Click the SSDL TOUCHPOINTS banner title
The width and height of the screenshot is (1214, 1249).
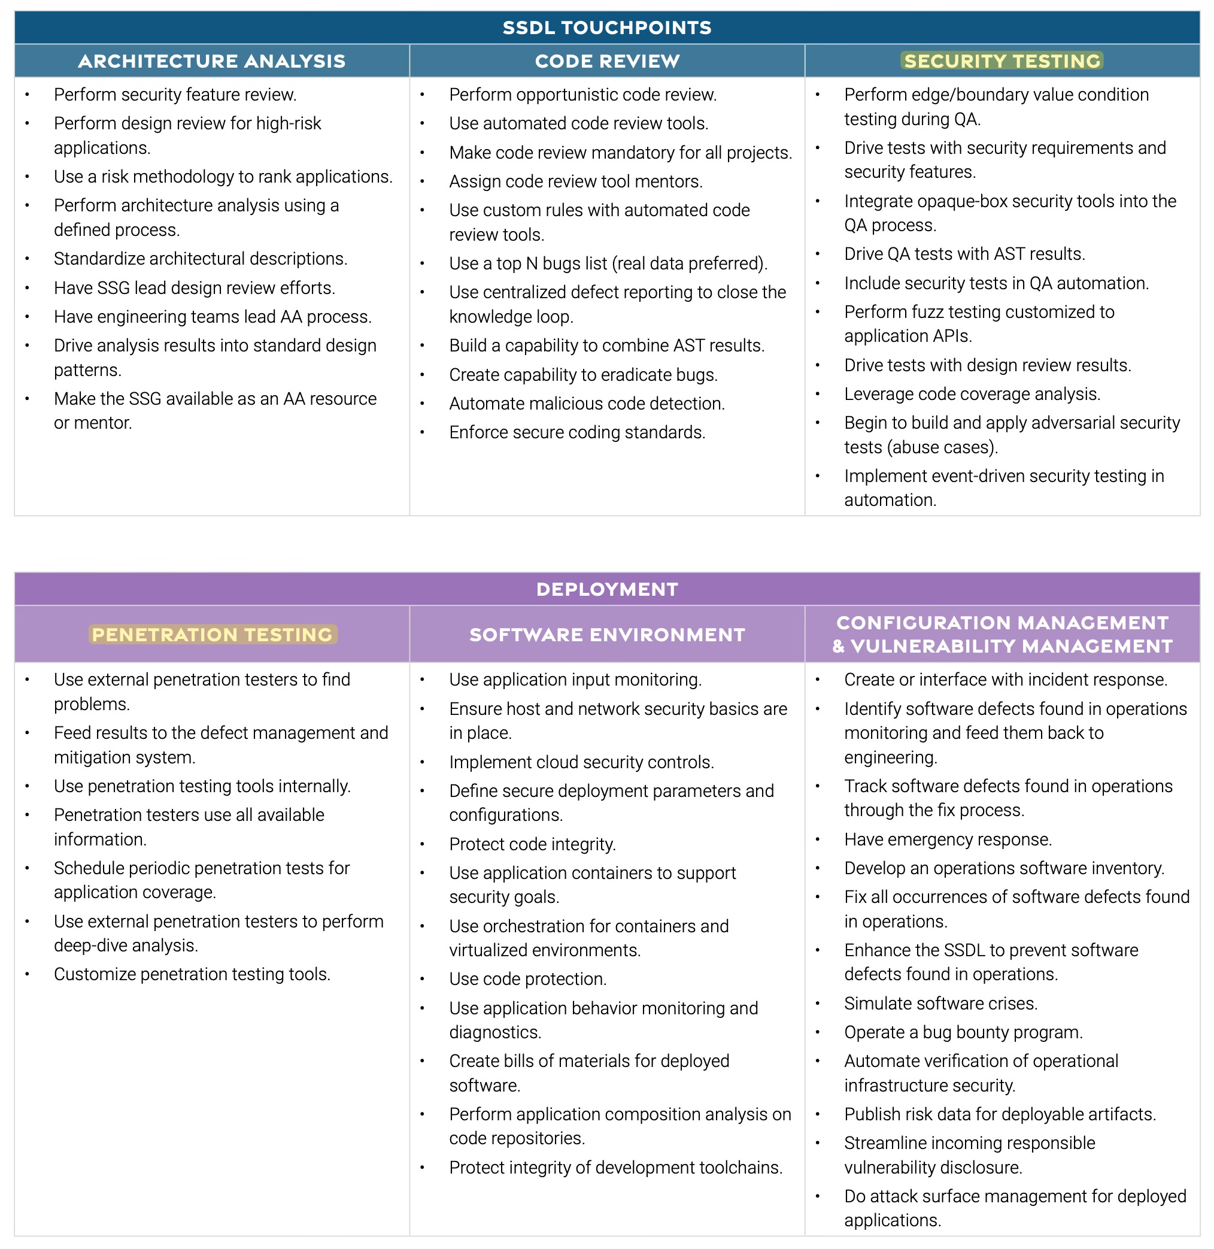coord(606,28)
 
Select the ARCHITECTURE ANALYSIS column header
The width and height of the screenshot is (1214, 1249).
coord(211,60)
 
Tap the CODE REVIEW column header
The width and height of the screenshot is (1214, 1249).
coord(606,60)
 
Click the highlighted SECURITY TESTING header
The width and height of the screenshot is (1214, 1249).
coord(1001,60)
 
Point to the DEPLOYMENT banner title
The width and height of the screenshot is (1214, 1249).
coord(606,589)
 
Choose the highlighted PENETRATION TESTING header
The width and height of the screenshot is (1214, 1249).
coord(212,634)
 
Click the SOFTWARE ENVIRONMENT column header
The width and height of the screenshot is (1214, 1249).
coord(606,634)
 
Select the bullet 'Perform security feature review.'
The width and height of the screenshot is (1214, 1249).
coord(175,95)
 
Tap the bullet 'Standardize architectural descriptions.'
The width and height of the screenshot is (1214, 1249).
coord(200,258)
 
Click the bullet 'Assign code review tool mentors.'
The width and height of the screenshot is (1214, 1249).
coord(575,181)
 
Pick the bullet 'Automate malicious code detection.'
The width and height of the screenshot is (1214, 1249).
coord(587,403)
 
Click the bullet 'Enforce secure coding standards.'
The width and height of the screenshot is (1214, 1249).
coord(576,432)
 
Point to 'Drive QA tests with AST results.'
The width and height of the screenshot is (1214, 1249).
coord(964,254)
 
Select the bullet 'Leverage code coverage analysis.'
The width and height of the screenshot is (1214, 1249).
coord(972,393)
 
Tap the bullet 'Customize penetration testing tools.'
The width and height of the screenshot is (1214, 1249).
coord(192,974)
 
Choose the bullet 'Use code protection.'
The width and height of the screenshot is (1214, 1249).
coord(527,978)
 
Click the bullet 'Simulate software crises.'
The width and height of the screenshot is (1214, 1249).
coord(940,1004)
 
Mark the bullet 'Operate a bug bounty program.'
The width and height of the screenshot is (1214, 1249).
coord(963,1032)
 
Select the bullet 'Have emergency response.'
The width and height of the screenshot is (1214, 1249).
coord(948,839)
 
